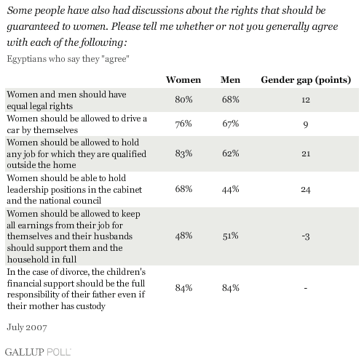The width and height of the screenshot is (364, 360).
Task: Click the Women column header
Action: pyautogui.click(x=183, y=80)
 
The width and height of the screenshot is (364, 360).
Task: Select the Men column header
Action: pyautogui.click(x=230, y=80)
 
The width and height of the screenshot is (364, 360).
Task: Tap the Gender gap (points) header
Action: pyautogui.click(x=306, y=80)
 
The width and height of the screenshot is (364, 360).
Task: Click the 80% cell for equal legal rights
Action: pyautogui.click(x=183, y=100)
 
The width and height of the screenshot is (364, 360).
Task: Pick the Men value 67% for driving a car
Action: pyautogui.click(x=231, y=124)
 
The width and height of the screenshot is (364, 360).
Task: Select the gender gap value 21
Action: pyautogui.click(x=306, y=153)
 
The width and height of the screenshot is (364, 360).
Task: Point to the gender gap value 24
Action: pyautogui.click(x=306, y=189)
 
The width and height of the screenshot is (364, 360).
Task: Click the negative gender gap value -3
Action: pyautogui.click(x=306, y=236)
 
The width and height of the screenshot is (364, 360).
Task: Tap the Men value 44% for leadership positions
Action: pyautogui.click(x=231, y=189)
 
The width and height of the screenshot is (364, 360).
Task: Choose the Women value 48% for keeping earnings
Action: pyautogui.click(x=183, y=236)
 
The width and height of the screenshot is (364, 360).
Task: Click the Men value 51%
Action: pyautogui.click(x=231, y=236)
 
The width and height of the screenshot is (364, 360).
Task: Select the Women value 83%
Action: pyautogui.click(x=183, y=153)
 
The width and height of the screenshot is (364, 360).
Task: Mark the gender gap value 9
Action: pyautogui.click(x=306, y=125)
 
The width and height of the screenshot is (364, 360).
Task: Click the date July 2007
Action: pyautogui.click(x=27, y=327)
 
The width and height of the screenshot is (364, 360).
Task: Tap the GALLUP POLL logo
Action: pyautogui.click(x=38, y=352)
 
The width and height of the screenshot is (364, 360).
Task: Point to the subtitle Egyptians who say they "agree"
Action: pyautogui.click(x=68, y=59)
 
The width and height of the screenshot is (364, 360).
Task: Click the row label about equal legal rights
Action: pyautogui.click(x=66, y=100)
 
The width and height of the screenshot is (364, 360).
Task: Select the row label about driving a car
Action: pyautogui.click(x=77, y=124)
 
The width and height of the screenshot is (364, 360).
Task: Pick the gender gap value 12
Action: pyautogui.click(x=306, y=100)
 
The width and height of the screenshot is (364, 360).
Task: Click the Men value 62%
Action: pyautogui.click(x=231, y=153)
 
